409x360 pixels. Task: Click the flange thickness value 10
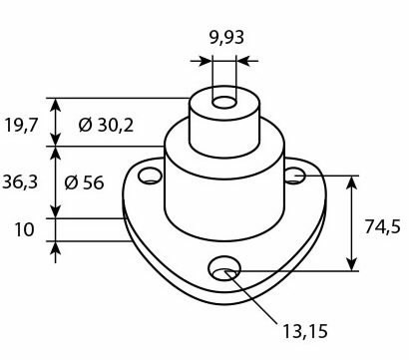point(25,229)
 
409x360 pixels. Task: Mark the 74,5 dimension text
point(383,226)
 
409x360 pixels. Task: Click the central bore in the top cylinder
point(224,103)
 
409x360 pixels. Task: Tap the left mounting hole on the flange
point(150,178)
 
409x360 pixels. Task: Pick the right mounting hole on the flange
point(294,176)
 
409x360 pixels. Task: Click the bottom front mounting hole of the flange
point(224,268)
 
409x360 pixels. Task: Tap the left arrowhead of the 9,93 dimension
point(206,60)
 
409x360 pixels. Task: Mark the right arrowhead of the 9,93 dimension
point(242,60)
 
